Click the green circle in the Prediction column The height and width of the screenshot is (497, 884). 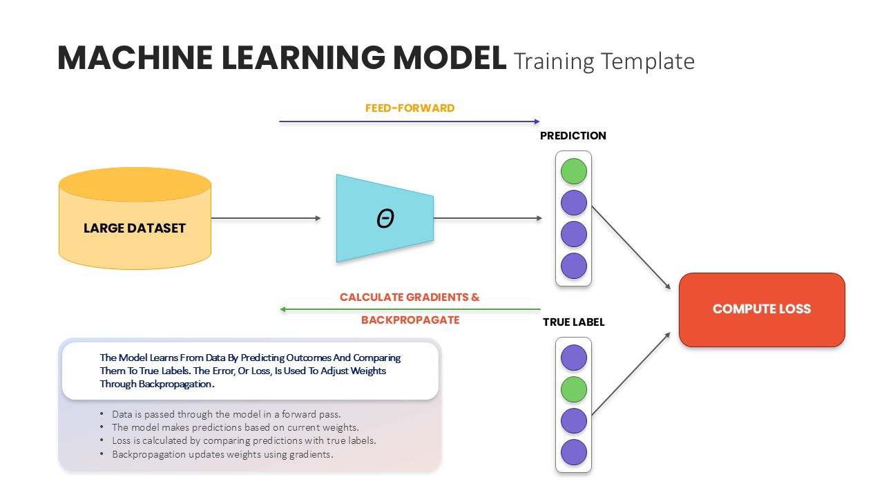coord(573,171)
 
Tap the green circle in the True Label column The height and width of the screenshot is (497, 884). coord(573,389)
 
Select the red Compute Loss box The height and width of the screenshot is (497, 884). coord(762,309)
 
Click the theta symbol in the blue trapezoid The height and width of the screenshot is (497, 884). coord(385,219)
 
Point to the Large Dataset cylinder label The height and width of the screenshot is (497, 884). coord(135,228)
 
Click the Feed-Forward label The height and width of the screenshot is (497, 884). coord(410,108)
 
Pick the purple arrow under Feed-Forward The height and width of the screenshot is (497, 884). coord(409,121)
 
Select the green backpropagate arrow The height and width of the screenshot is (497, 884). coord(410,309)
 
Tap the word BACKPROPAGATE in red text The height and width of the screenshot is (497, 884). coord(410,320)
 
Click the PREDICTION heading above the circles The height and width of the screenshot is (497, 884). coord(573,136)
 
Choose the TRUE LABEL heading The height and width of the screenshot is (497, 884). coord(573,322)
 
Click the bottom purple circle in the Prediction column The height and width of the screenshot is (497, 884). coord(573,266)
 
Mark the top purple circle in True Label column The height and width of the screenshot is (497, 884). coord(573,358)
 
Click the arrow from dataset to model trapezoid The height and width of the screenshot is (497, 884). coord(266,218)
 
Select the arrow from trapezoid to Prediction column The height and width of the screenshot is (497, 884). coord(488,218)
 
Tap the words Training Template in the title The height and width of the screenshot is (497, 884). coord(604,61)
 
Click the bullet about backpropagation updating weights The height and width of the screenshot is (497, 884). coord(222,454)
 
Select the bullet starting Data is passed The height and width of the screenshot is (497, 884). coord(227,414)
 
